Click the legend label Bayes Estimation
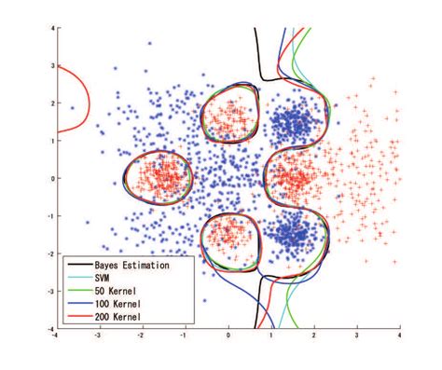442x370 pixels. click(x=131, y=266)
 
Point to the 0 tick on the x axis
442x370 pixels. click(x=228, y=335)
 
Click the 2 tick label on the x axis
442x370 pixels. click(x=313, y=335)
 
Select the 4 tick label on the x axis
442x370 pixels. click(x=399, y=335)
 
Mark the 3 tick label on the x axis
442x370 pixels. click(x=356, y=335)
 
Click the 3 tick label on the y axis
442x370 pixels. click(x=51, y=66)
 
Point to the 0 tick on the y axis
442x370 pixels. click(x=51, y=178)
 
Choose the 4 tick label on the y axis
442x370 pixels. click(x=51, y=29)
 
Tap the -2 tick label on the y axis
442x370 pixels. click(x=49, y=254)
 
